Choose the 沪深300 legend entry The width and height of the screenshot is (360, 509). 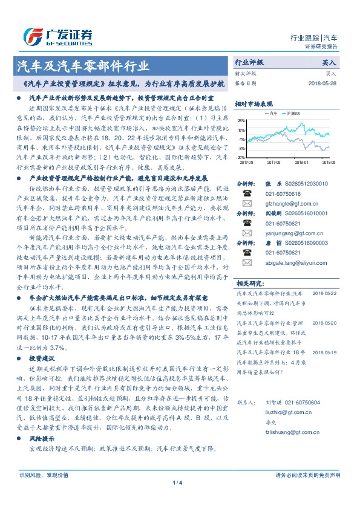(298, 113)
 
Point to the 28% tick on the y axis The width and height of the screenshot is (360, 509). (241, 120)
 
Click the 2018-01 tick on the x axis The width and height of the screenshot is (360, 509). (303, 162)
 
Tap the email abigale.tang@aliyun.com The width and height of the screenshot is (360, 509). (294, 262)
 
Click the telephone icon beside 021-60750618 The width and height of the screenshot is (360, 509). (247, 193)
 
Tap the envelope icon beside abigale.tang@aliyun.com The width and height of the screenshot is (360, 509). (247, 262)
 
